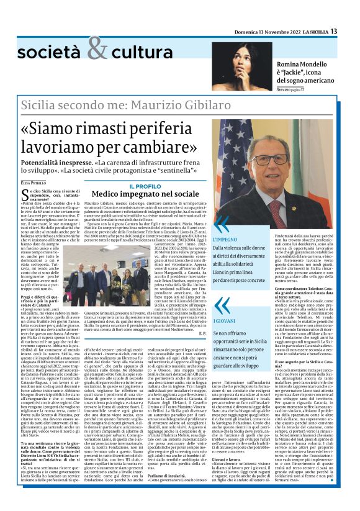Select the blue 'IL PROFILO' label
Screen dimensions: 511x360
pos(144,186)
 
